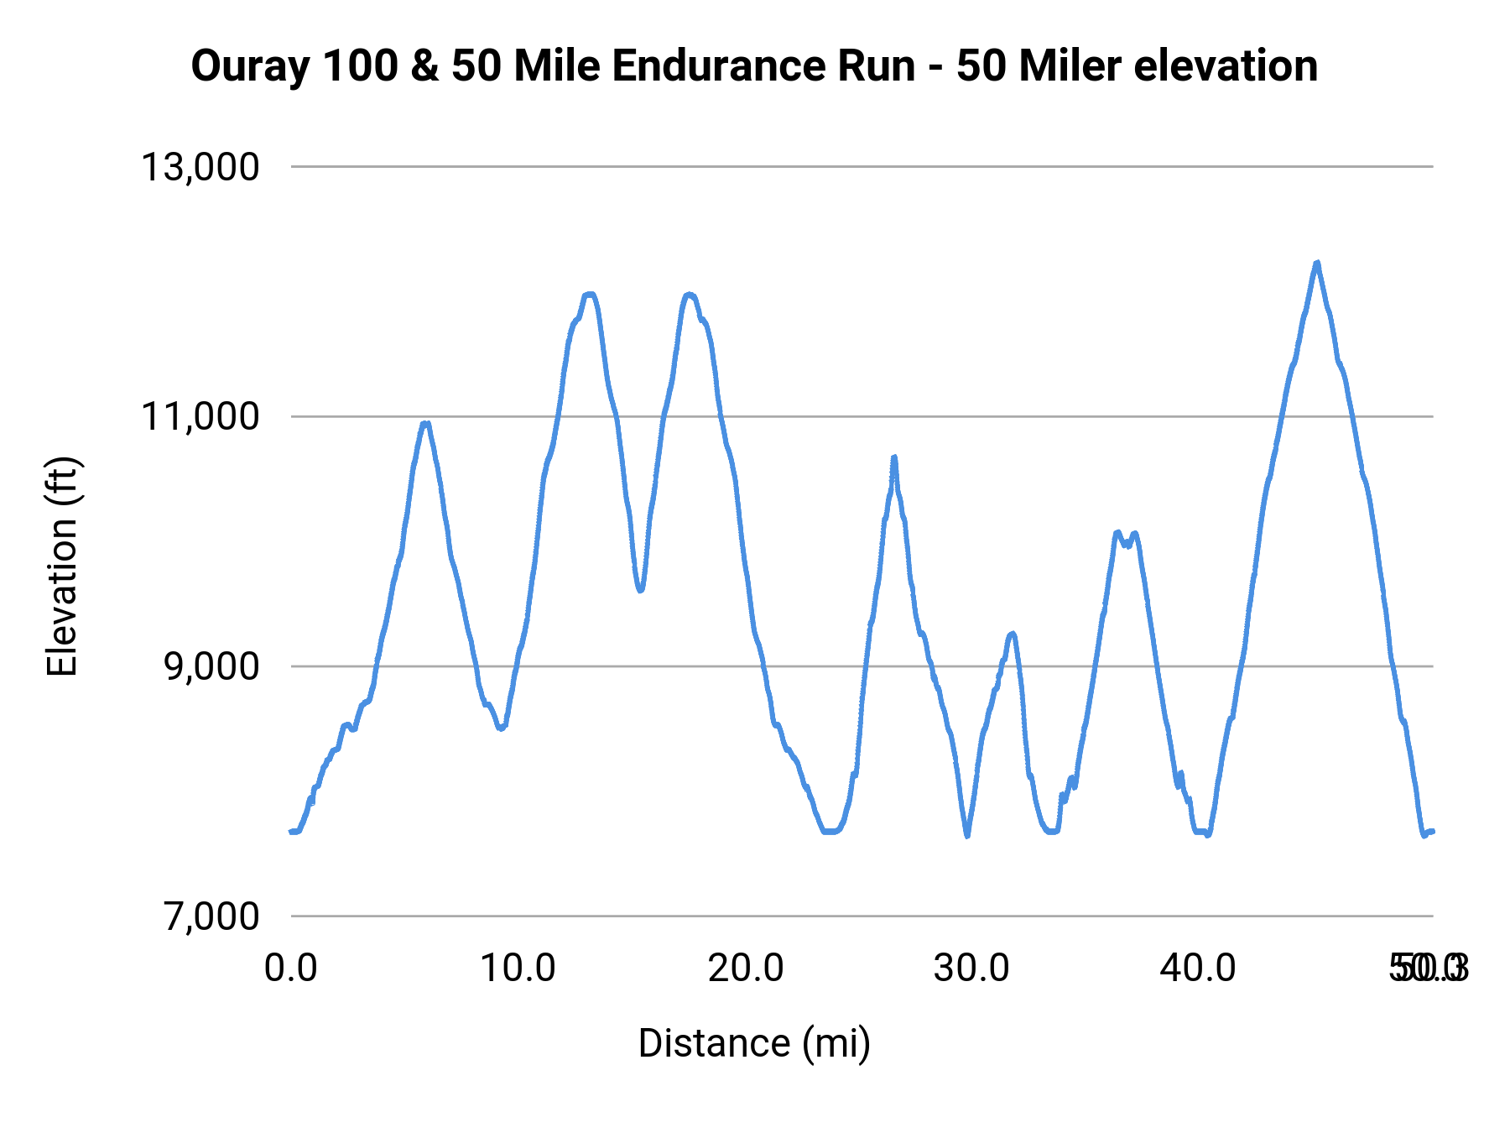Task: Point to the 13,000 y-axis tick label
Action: pos(200,167)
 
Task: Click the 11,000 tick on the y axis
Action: pos(200,416)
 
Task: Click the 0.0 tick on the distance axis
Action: pos(290,969)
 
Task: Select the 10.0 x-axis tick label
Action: pos(518,969)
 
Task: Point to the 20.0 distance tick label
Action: pos(746,969)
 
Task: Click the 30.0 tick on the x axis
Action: pos(971,969)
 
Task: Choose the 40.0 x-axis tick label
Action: pos(1198,969)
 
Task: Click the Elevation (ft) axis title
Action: pos(62,566)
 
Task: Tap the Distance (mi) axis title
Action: pos(754,1043)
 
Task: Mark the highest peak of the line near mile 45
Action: pos(1318,263)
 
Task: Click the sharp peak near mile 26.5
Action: pos(894,457)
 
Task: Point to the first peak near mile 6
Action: pos(426,424)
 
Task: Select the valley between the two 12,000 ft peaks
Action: pos(640,590)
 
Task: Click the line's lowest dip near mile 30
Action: pos(967,836)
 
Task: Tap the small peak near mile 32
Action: pos(1013,634)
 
